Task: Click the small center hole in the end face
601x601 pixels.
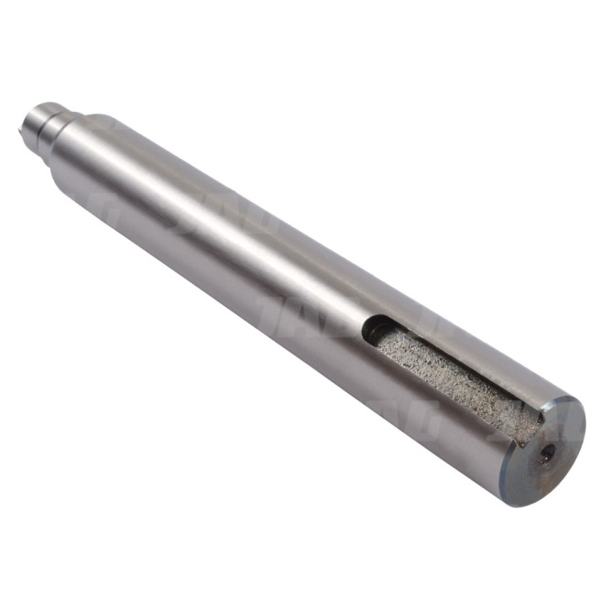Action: point(547,452)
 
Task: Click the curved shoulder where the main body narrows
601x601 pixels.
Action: point(87,147)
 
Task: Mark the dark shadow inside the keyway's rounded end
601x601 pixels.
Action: point(376,330)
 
